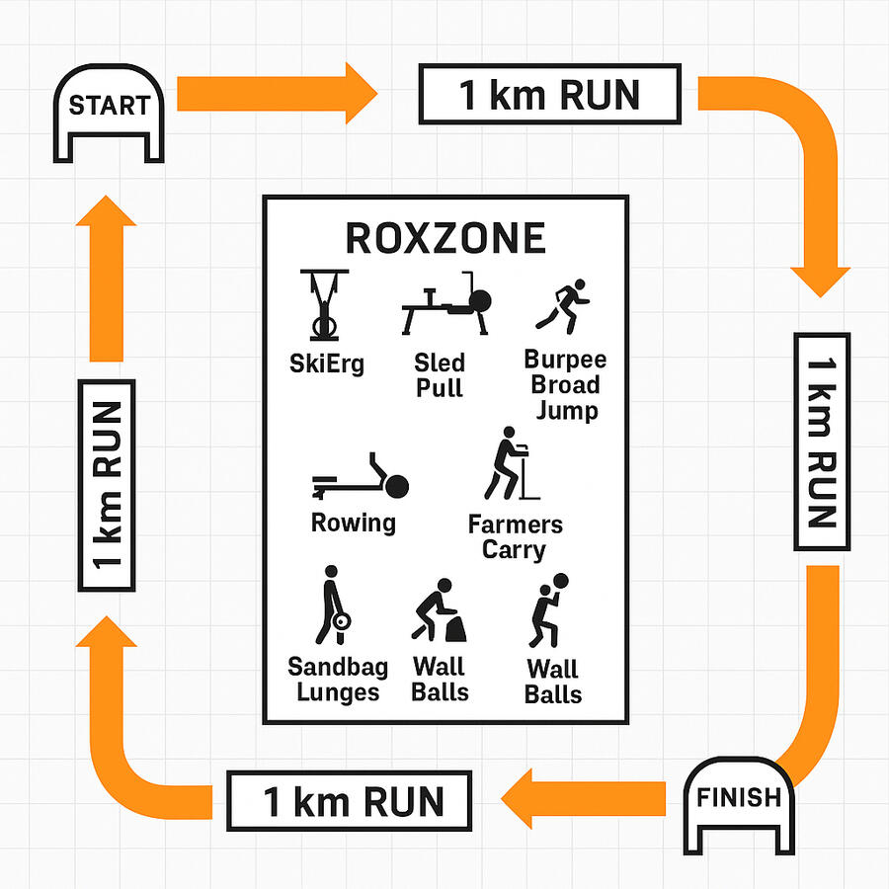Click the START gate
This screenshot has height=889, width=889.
pos(109,114)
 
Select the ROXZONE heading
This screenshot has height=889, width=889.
pos(444,238)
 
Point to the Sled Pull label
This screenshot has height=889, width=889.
pos(439,374)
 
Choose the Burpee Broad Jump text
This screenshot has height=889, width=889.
pos(565,384)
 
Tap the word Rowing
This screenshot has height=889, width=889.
pos(354,523)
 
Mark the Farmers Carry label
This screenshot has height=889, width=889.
pos(515,536)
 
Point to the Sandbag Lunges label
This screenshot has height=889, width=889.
pos(338,680)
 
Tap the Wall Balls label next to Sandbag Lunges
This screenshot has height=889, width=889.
pos(440,680)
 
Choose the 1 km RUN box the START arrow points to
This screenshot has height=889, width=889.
pos(550,95)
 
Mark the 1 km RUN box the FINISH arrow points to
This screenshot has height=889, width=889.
pos(350,801)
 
